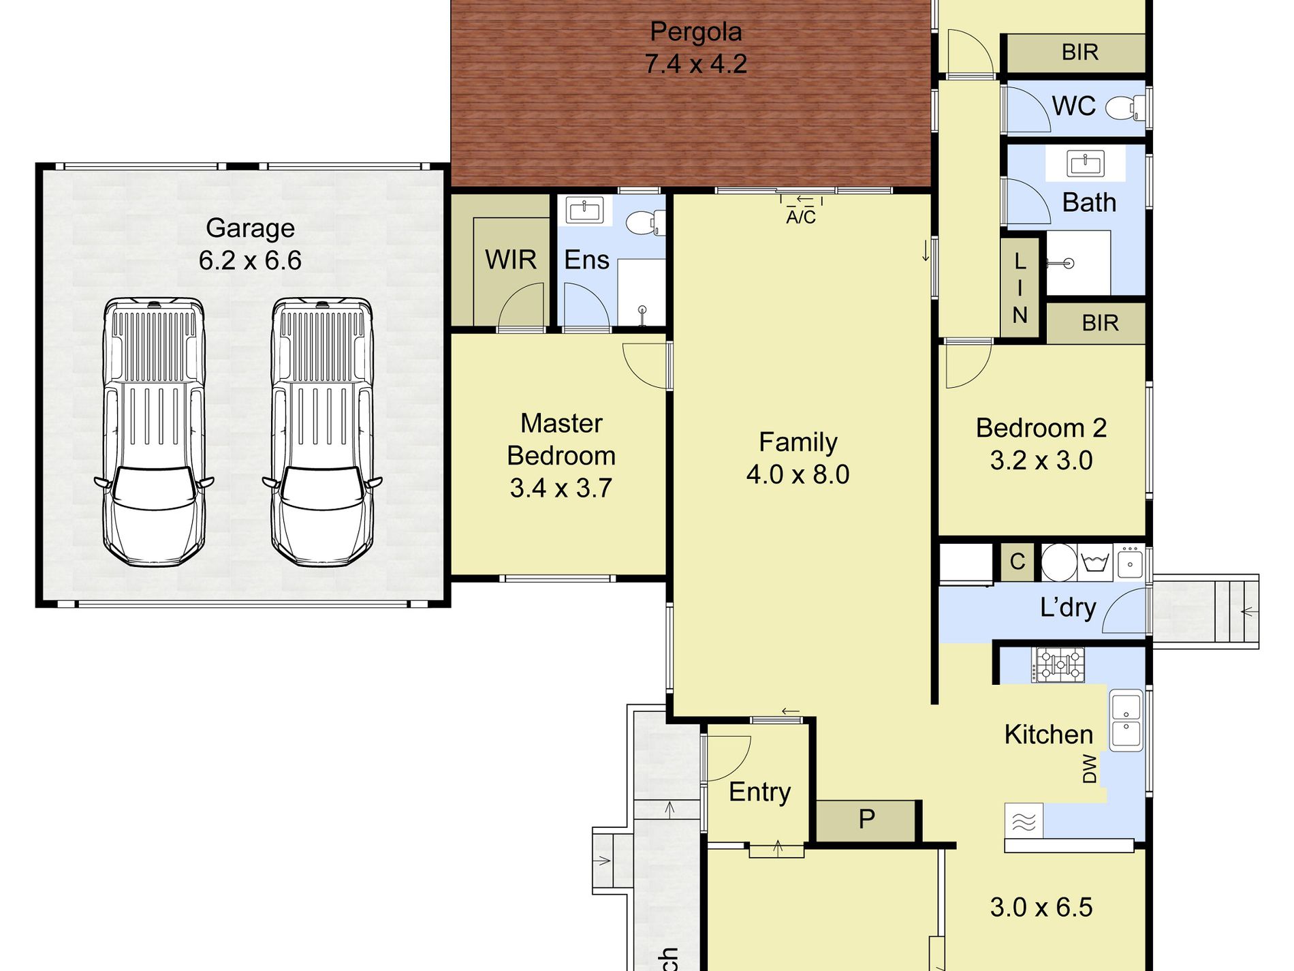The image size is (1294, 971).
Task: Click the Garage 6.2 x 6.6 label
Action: point(250,244)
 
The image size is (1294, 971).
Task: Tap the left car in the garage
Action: point(154,432)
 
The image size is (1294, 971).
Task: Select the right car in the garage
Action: point(322,432)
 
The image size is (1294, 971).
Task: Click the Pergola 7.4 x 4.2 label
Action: point(695,48)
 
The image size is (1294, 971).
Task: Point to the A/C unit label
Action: point(801,217)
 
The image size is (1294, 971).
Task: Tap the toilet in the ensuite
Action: point(645,223)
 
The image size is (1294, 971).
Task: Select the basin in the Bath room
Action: point(1085,164)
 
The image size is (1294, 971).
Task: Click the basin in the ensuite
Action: point(584,211)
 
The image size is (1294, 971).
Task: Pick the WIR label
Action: point(511,260)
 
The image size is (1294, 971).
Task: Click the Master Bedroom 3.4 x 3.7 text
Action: point(561,455)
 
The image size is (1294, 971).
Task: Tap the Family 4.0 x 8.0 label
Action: point(798,458)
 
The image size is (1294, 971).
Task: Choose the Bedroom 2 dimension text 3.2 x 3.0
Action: point(1041,461)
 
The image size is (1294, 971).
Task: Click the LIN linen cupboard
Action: point(1020,288)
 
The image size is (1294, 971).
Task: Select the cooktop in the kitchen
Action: point(1058,664)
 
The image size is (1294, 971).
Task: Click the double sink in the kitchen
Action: point(1126,721)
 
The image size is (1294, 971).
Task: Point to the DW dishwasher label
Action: point(1090,768)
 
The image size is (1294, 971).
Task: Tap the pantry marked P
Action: point(866,820)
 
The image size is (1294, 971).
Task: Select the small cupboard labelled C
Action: point(1017,562)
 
